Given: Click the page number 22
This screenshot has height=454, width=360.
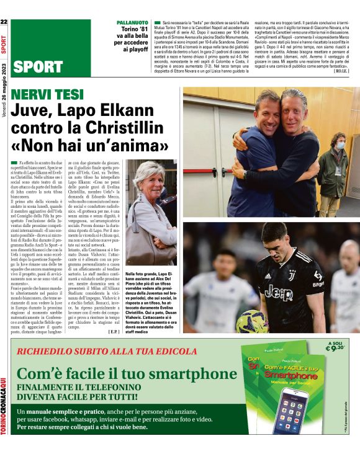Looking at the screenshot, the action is (4, 22).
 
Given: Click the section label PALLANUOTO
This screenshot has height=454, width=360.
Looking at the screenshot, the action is (132, 22).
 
